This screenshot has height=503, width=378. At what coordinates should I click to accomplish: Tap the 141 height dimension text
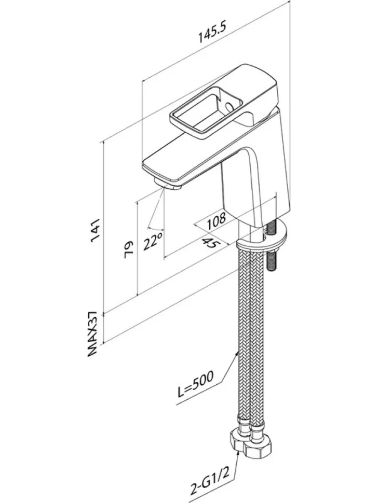97,230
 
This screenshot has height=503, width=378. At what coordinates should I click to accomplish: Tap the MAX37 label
92,333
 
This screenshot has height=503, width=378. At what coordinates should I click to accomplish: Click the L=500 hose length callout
195,388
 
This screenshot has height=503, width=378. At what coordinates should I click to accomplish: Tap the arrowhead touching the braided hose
238,353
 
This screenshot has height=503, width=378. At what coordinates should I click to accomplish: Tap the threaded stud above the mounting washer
271,226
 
